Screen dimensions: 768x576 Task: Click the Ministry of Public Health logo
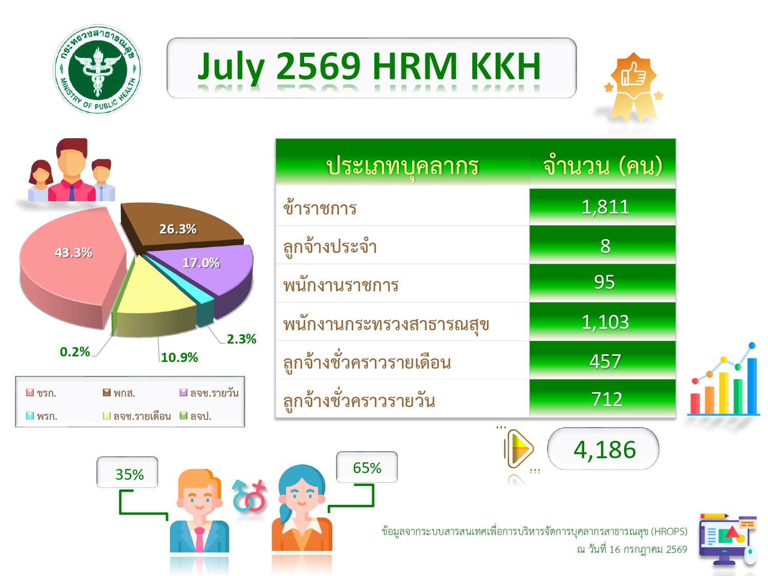pyautogui.click(x=98, y=69)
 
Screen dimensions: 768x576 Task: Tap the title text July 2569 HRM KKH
pyautogui.click(x=370, y=67)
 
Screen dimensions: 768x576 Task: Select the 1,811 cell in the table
pyautogui.click(x=603, y=207)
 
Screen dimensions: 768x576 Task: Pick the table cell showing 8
pyautogui.click(x=603, y=245)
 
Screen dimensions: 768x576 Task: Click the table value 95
pyautogui.click(x=603, y=283)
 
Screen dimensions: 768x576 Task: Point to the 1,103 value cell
pyautogui.click(x=603, y=322)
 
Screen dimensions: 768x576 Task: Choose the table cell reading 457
pyautogui.click(x=603, y=360)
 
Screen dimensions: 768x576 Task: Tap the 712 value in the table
pyautogui.click(x=603, y=399)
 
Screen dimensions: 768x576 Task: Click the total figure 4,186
pyautogui.click(x=604, y=450)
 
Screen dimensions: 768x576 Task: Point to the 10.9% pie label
pyautogui.click(x=179, y=357)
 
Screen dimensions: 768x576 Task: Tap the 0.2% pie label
pyautogui.click(x=75, y=351)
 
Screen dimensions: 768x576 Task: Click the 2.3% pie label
pyautogui.click(x=242, y=339)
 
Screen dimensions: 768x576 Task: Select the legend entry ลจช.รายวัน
pyautogui.click(x=209, y=393)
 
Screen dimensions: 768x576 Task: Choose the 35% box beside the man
pyautogui.click(x=127, y=472)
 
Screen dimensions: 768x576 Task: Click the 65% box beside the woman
pyautogui.click(x=367, y=467)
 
